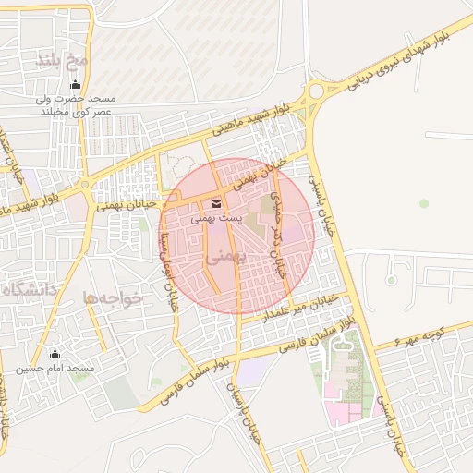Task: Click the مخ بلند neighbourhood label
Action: (62, 60)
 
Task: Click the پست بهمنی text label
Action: (216, 219)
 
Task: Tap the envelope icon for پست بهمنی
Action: (216, 204)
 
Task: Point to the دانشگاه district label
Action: (28, 291)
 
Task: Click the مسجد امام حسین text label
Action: (55, 369)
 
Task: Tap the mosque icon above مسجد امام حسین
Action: (55, 354)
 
